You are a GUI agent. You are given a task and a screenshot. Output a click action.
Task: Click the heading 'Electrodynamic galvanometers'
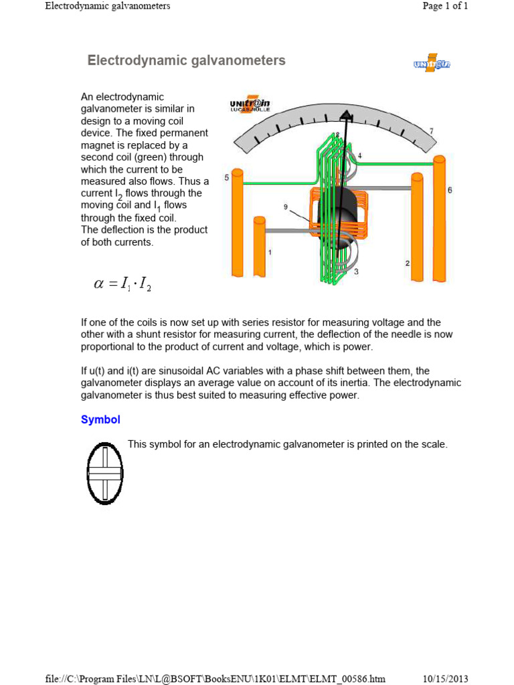coord(186,61)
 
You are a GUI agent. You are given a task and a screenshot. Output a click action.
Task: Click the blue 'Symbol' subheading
coord(100,419)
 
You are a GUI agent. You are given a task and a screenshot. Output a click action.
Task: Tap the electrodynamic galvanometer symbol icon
coord(105,473)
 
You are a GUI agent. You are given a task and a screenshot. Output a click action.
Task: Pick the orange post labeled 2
coord(417,227)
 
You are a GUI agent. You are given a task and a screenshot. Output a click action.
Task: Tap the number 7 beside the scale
coord(432,130)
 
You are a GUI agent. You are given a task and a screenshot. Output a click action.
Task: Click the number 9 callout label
coord(285,207)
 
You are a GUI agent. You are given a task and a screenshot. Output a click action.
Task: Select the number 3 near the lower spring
coord(356,272)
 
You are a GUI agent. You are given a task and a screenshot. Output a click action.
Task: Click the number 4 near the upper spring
coord(360,156)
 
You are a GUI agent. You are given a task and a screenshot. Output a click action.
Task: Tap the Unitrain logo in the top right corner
coord(432,64)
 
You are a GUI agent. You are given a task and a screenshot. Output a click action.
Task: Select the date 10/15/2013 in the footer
coord(445,678)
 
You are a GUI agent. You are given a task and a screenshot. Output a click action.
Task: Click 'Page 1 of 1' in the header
coord(445,6)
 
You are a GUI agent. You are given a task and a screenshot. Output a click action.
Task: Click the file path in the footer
coord(215,678)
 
